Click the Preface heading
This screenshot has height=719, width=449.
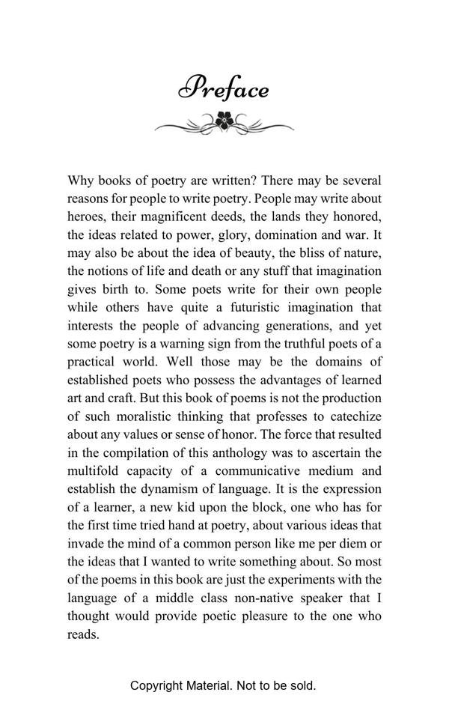point(224,88)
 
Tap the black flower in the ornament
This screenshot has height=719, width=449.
point(224,120)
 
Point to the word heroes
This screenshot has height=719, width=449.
point(87,216)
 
